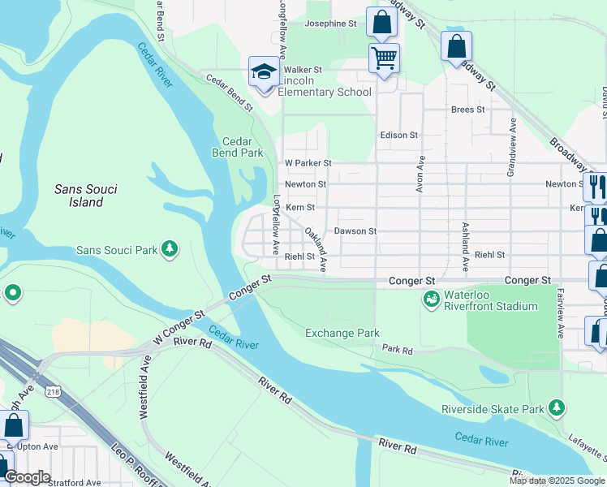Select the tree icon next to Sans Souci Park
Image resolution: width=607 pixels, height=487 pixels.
[170, 249]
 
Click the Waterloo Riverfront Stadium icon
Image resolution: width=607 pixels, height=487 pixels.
[431, 300]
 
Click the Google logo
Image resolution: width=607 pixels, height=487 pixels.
[27, 476]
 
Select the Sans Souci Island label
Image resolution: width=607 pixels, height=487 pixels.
[85, 196]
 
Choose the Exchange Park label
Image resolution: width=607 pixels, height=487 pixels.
[342, 333]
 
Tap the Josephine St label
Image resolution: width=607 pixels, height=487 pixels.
[331, 24]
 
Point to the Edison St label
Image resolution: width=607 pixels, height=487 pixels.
[398, 135]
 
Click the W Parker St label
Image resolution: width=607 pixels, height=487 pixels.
[308, 162]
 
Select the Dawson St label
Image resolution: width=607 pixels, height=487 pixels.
[355, 231]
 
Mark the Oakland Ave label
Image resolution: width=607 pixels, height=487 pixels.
[316, 249]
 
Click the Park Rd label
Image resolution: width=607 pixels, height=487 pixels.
[398, 351]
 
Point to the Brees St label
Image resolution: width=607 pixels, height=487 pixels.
[467, 110]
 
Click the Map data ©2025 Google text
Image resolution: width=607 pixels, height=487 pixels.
[557, 481]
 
